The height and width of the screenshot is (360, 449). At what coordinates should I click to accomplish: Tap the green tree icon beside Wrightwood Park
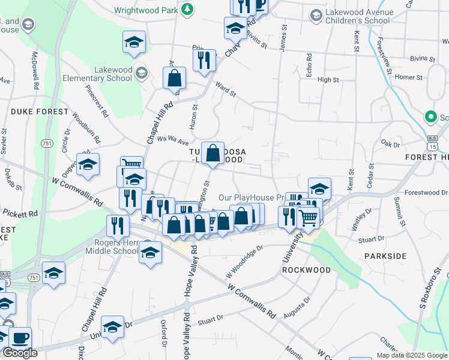(x=187, y=9)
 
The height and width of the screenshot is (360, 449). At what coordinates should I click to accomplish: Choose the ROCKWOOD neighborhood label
(x=306, y=270)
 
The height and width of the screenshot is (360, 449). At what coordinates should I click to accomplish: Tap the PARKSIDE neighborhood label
(x=385, y=256)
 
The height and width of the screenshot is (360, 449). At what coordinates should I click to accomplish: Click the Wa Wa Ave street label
(x=173, y=139)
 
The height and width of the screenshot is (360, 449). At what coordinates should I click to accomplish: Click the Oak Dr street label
(x=390, y=144)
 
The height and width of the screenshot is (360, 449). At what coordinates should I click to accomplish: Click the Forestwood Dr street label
(x=426, y=193)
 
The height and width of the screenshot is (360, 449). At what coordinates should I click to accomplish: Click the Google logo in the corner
(x=20, y=353)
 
